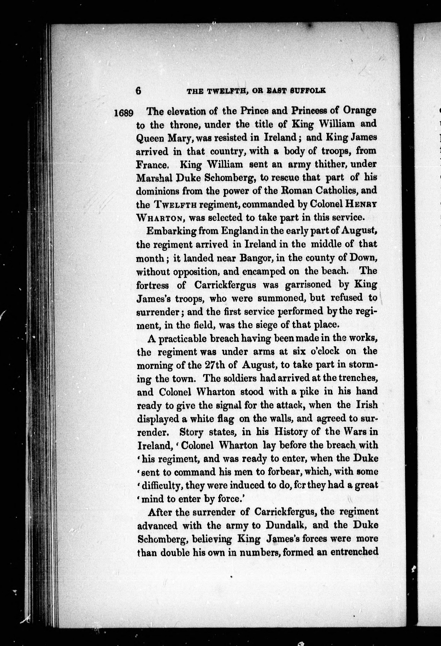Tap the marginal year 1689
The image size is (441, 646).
pos(124,113)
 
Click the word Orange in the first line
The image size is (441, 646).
pos(360,110)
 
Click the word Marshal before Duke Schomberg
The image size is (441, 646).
pos(154,178)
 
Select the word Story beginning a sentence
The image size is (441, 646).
pos(191,432)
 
